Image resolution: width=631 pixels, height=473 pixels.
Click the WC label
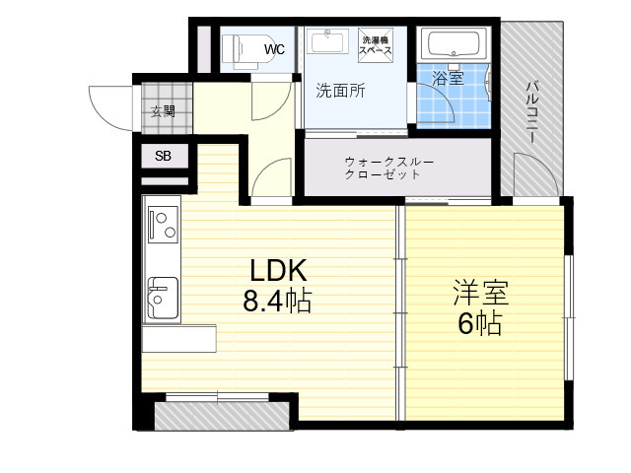pyautogui.click(x=274, y=49)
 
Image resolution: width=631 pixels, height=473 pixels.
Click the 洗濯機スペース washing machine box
pyautogui.click(x=375, y=45)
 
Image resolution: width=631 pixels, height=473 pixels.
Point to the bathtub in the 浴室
pyautogui.click(x=454, y=43)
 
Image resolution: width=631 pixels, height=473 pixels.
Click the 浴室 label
pyautogui.click(x=448, y=78)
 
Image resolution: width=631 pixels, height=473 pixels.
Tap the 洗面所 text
pyautogui.click(x=340, y=91)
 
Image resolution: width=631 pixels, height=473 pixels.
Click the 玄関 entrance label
pyautogui.click(x=163, y=110)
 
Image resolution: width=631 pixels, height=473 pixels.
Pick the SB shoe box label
pyautogui.click(x=163, y=156)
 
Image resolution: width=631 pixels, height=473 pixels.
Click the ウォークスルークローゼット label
pyautogui.click(x=389, y=169)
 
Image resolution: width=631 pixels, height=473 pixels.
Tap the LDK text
pyautogui.click(x=278, y=270)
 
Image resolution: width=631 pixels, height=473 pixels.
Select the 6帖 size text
pyautogui.click(x=480, y=323)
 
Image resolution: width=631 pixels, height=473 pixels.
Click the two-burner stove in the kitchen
pyautogui.click(x=163, y=225)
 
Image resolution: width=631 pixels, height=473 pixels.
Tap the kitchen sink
pyautogui.click(x=163, y=298)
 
